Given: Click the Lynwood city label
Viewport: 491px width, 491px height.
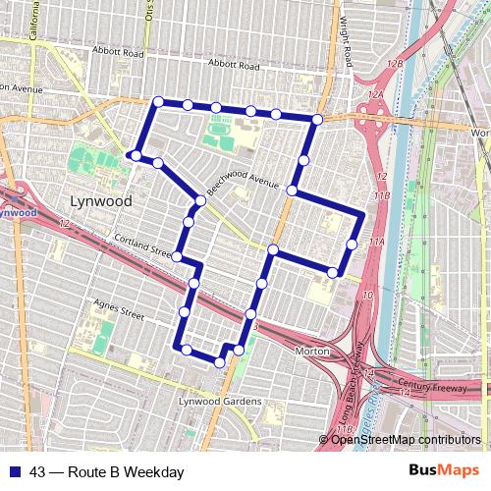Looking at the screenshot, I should [x=101, y=200].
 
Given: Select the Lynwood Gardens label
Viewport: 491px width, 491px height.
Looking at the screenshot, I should [x=219, y=402].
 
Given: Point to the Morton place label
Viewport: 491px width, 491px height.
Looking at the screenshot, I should [x=311, y=351].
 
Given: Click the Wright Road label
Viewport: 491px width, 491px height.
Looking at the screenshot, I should [x=346, y=35].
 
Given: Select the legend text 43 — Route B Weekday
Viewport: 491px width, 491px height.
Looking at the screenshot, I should [x=106, y=472].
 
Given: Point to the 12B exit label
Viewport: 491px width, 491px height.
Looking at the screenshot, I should [x=395, y=63].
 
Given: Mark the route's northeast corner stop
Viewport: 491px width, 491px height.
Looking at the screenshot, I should [x=316, y=120].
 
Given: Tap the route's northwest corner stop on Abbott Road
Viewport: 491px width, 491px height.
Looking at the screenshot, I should [x=158, y=101].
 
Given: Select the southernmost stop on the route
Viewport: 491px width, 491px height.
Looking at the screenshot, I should [x=219, y=362].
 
